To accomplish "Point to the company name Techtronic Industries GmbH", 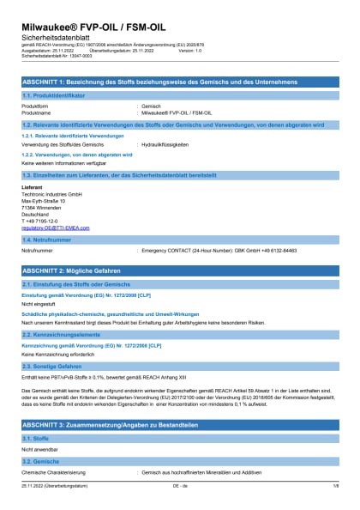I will tap(51, 195).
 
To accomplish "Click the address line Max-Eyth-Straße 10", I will tap(43, 202).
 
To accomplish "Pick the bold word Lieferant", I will tap(32, 187).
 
